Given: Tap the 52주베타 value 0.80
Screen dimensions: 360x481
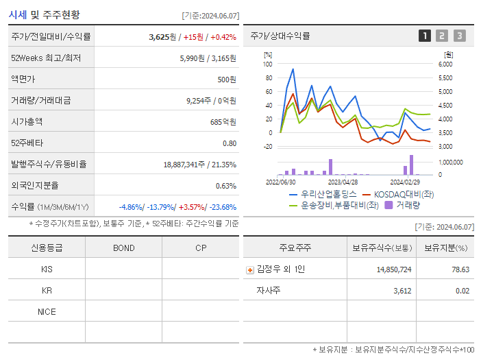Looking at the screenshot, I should [229, 143].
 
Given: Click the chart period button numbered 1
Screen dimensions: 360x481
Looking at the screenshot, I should [425, 36].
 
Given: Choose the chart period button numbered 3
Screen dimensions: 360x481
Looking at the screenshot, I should [459, 36].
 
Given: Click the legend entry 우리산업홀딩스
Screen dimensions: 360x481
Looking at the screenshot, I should [324, 194].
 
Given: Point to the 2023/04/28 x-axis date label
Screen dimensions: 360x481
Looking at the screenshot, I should [343, 182].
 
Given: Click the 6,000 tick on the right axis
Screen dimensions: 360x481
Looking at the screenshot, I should [445, 64].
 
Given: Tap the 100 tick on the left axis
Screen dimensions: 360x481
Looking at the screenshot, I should [268, 64].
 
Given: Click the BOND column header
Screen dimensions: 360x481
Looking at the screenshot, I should [123, 248].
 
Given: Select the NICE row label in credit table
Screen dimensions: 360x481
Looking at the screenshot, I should [47, 311].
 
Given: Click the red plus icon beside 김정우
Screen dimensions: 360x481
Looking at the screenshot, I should [250, 269].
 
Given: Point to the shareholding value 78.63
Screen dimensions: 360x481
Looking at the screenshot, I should [460, 269].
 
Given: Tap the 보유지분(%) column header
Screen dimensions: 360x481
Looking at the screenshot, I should [445, 248].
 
